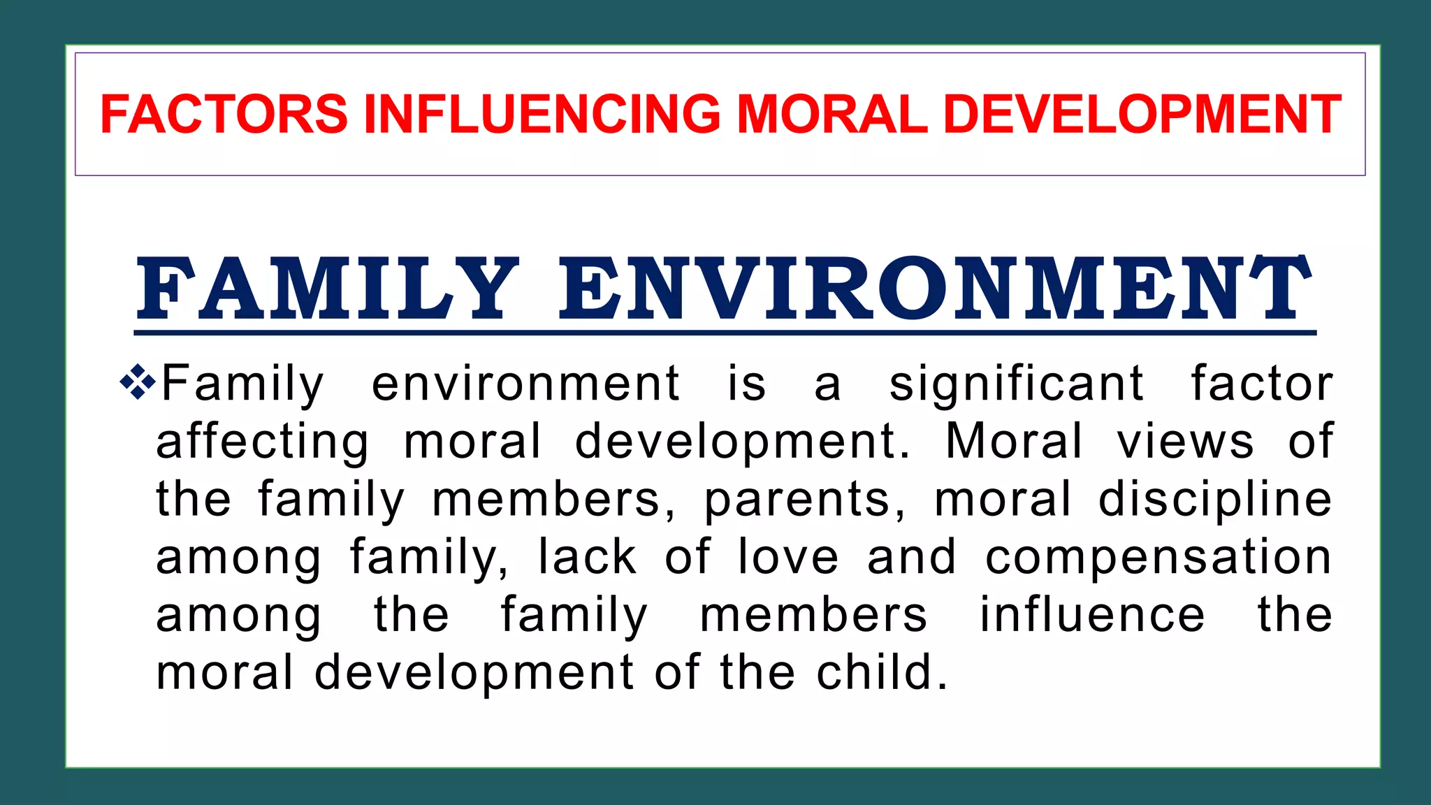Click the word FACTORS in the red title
click(224, 114)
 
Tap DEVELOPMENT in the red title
click(1142, 114)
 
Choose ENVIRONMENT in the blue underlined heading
click(935, 289)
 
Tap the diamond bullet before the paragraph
click(137, 382)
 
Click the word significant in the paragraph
click(1016, 384)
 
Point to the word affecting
click(262, 442)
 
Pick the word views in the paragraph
click(1185, 442)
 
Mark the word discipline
click(1215, 500)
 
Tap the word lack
click(587, 557)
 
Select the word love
click(788, 557)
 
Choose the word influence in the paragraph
click(1092, 615)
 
